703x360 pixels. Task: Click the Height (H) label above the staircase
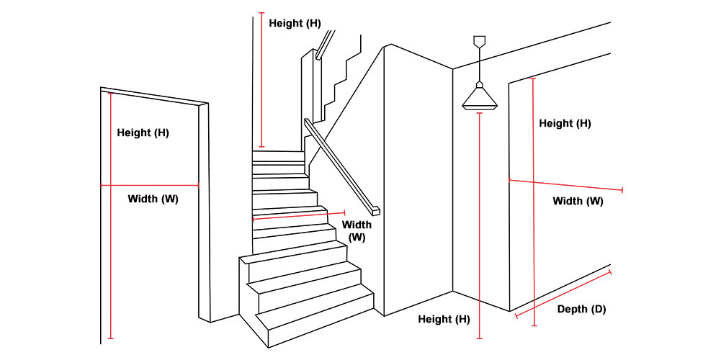295,23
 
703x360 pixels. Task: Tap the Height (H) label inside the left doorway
143,132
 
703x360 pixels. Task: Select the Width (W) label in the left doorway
153,198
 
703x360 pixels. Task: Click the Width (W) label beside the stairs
357,230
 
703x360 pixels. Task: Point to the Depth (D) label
581,310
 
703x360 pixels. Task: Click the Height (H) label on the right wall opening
565,123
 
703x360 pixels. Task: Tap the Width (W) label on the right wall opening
578,201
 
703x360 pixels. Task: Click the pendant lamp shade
479,99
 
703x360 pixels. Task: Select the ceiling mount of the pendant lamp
479,40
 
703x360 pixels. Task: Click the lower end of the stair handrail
375,211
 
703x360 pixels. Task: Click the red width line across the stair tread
299,215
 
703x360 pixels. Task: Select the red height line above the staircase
261,79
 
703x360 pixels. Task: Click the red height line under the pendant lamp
479,223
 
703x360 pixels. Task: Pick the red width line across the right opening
565,185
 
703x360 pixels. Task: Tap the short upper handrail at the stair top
325,43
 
